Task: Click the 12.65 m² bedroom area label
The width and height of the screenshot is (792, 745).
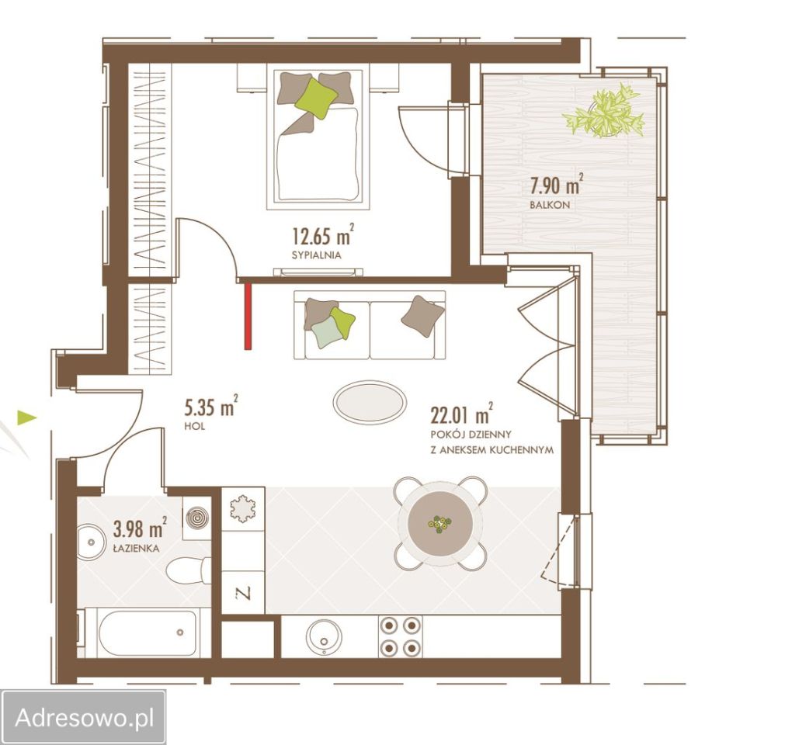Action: pyautogui.click(x=323, y=234)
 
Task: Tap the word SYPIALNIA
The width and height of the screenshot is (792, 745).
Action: pyautogui.click(x=316, y=255)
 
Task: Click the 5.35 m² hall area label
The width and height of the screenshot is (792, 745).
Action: pyautogui.click(x=211, y=407)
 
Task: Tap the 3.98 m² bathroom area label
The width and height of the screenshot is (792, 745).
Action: pyautogui.click(x=140, y=528)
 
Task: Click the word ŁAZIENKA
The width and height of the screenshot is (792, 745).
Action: pyautogui.click(x=136, y=548)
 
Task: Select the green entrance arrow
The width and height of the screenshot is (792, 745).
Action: pyautogui.click(x=27, y=418)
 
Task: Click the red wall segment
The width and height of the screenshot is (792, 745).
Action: pyautogui.click(x=248, y=316)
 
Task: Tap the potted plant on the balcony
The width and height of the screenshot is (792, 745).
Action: pyautogui.click(x=604, y=112)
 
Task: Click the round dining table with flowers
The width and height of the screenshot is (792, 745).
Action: pyautogui.click(x=440, y=523)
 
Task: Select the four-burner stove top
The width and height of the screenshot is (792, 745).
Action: pyautogui.click(x=400, y=636)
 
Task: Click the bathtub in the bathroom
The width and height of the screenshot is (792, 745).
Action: pyautogui.click(x=148, y=633)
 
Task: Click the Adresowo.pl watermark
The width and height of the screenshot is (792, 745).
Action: pyautogui.click(x=83, y=717)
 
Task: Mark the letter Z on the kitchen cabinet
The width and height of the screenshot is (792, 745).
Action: pyautogui.click(x=244, y=593)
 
